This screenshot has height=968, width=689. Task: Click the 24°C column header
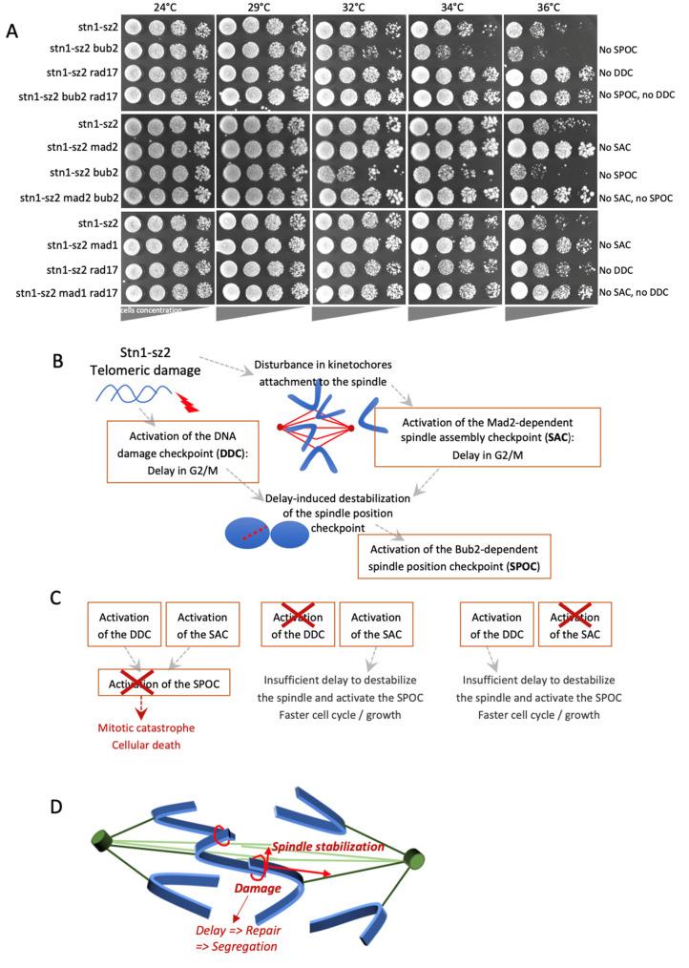pos(168,7)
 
